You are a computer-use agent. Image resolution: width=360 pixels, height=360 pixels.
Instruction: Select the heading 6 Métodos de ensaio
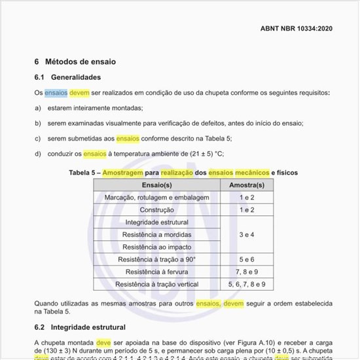point(75,62)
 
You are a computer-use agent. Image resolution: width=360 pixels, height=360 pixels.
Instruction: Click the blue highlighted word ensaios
point(56,93)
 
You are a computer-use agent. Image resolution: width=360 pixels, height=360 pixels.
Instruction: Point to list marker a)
point(38,107)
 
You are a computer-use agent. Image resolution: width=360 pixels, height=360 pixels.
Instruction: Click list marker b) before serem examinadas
point(38,123)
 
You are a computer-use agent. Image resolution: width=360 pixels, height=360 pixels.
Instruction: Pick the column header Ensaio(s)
point(156,185)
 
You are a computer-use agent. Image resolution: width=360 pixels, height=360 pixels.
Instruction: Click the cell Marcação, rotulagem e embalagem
point(156,198)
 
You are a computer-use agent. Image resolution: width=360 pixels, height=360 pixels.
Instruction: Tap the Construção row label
point(156,210)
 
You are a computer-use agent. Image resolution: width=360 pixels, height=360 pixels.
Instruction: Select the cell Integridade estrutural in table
point(156,223)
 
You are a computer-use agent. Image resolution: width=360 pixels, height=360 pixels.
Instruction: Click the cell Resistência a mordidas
point(156,235)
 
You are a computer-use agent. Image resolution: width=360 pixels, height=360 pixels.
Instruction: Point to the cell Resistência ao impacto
point(156,247)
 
